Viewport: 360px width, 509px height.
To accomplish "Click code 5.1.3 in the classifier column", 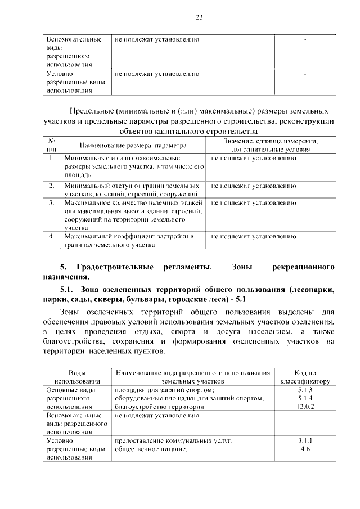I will (305, 390).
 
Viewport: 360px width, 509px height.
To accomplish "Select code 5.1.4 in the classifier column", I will (305, 398).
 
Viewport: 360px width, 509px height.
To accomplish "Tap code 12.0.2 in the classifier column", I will (305, 407).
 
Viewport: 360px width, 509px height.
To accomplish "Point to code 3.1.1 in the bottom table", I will (305, 442).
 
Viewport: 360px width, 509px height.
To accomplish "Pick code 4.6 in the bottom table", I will (305, 450).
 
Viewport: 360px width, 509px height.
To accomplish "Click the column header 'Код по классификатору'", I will (305, 377).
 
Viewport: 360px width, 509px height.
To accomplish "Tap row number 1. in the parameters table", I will (51, 159).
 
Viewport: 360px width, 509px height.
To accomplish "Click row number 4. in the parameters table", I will (51, 237).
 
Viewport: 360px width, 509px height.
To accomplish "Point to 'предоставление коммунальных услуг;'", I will (173, 442).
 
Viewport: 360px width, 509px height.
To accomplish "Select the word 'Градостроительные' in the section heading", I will (115, 265).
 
